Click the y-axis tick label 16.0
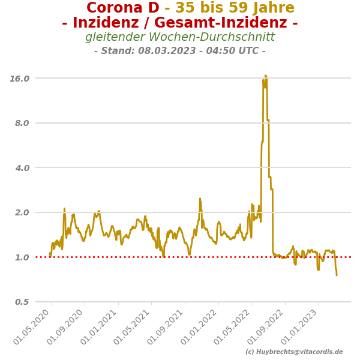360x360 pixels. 20,78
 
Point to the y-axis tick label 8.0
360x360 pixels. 22,123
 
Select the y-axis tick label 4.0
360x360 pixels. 22,168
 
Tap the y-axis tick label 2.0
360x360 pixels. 22,212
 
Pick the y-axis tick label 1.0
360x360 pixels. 22,257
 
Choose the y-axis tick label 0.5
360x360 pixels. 22,302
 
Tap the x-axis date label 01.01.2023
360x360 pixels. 301,326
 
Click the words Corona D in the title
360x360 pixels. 123,8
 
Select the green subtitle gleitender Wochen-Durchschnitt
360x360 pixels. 180,37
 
